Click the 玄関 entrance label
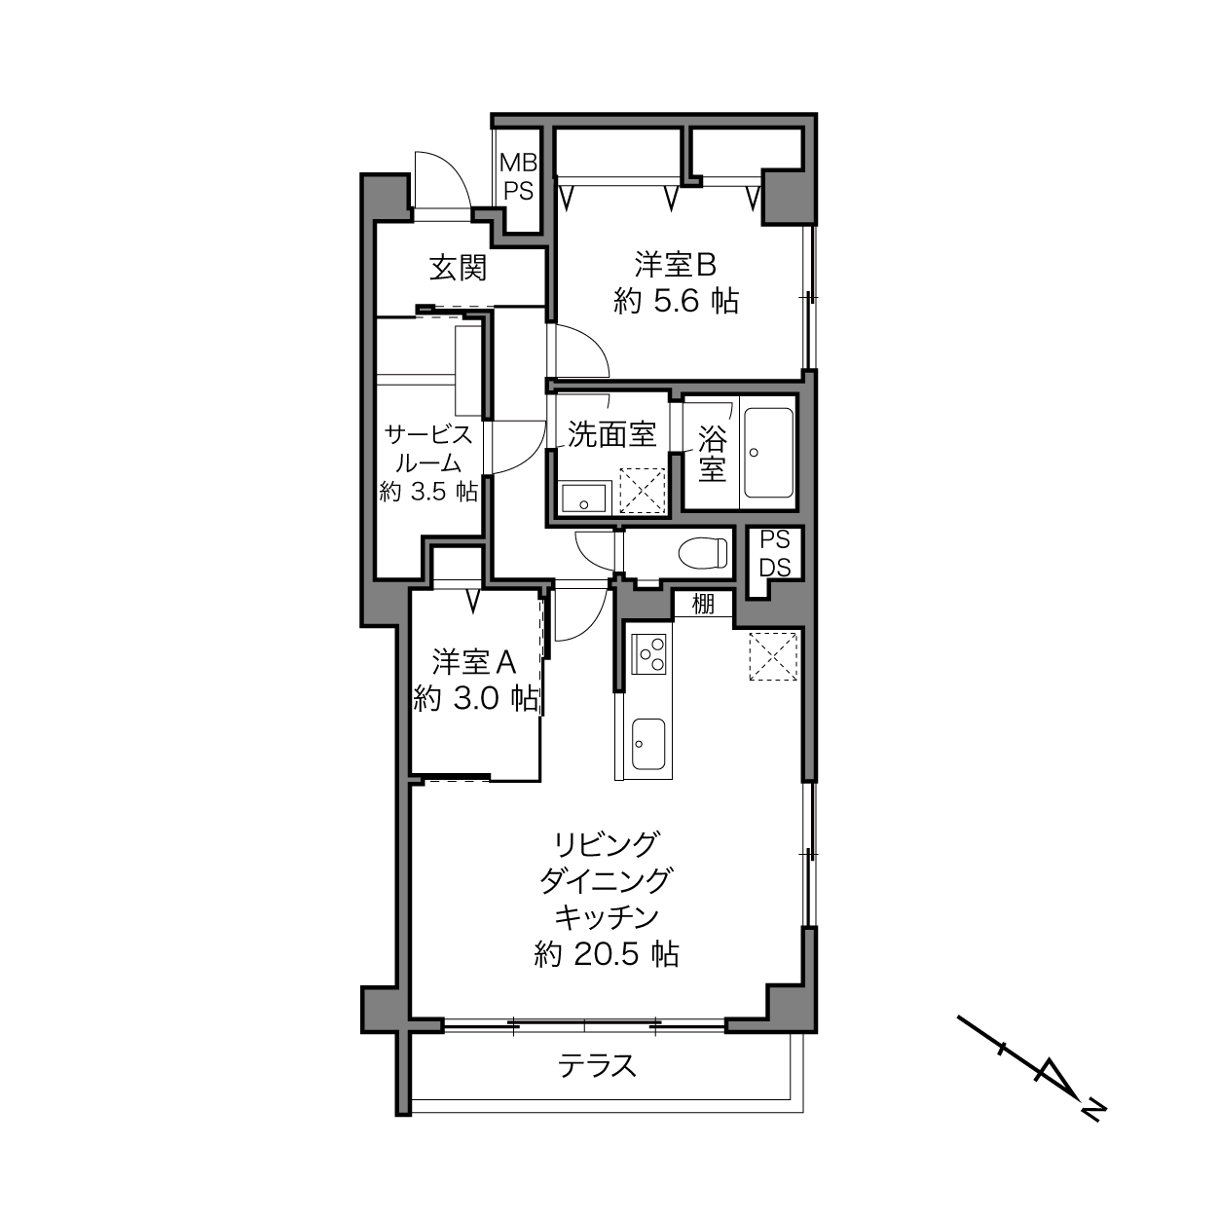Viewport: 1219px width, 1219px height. (x=458, y=268)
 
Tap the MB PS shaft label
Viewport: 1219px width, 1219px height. (x=518, y=176)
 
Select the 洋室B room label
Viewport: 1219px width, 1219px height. (x=676, y=265)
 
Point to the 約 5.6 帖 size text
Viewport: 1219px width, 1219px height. (x=676, y=301)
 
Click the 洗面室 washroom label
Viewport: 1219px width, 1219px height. (x=611, y=434)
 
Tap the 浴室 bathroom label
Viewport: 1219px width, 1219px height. (x=712, y=454)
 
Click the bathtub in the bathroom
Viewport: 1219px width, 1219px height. (x=768, y=453)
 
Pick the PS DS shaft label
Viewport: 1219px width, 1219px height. (x=774, y=554)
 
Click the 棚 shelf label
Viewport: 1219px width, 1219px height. (x=703, y=604)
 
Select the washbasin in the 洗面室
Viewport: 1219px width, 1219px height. (x=585, y=498)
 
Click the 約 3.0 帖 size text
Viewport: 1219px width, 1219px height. (x=476, y=698)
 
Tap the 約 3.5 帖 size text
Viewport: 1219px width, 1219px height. (x=428, y=492)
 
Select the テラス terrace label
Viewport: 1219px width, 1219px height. (x=597, y=1066)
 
